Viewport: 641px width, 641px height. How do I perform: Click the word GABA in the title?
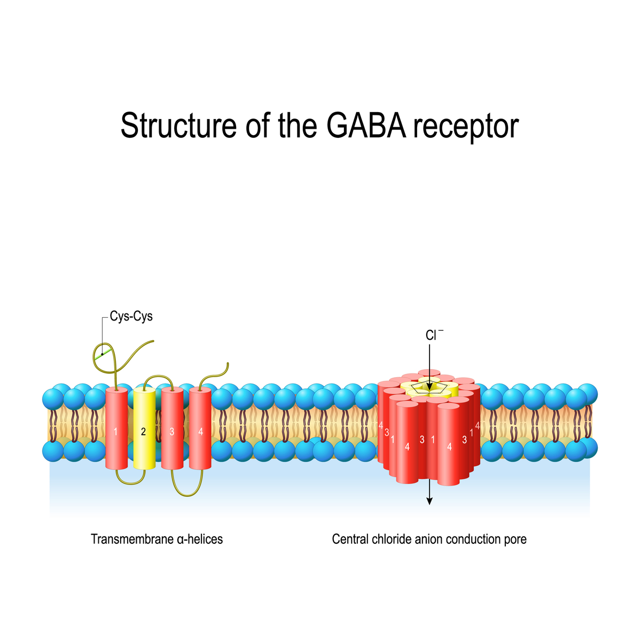[x=366, y=125]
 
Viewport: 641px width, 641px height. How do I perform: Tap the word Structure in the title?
[x=178, y=125]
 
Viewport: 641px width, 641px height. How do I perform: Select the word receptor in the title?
[x=466, y=128]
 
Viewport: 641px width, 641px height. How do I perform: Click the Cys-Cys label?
[x=131, y=316]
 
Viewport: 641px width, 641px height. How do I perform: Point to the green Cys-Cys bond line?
[x=103, y=354]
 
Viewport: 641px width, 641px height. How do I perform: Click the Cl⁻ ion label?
[x=434, y=335]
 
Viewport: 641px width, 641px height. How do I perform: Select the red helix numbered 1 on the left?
[x=116, y=428]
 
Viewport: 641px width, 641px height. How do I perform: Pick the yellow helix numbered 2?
[x=144, y=428]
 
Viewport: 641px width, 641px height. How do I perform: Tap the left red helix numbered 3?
[x=173, y=428]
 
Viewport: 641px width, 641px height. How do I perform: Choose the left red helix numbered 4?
[x=200, y=428]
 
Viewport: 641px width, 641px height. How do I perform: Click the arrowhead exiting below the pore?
[x=429, y=501]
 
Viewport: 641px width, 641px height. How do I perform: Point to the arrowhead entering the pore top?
[x=429, y=387]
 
